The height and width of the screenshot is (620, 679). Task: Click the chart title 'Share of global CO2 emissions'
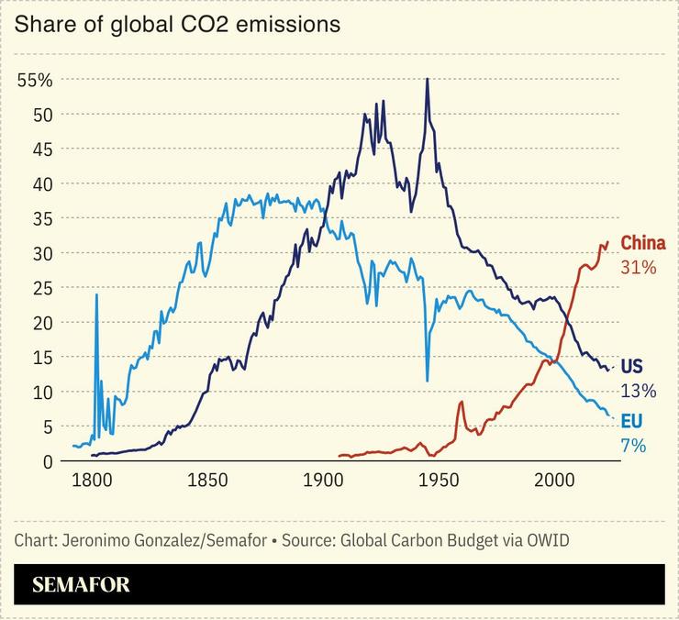(x=177, y=25)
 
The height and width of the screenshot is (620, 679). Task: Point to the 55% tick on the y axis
(x=35, y=80)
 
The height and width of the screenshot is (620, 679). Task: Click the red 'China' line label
(x=642, y=243)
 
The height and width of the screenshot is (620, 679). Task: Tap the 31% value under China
(x=639, y=268)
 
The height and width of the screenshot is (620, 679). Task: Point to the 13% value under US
(x=639, y=392)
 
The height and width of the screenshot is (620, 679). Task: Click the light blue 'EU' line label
(x=631, y=421)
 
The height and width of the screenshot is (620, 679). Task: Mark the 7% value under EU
(x=634, y=446)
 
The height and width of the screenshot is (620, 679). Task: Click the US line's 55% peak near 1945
(x=427, y=80)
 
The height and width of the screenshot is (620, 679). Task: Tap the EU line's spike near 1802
(x=96, y=295)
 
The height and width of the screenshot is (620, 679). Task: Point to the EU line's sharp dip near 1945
(x=427, y=380)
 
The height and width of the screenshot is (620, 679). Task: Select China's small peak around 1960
(x=462, y=402)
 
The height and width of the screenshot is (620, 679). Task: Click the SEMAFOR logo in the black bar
(x=82, y=584)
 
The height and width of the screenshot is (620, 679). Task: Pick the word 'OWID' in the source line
(x=547, y=539)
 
